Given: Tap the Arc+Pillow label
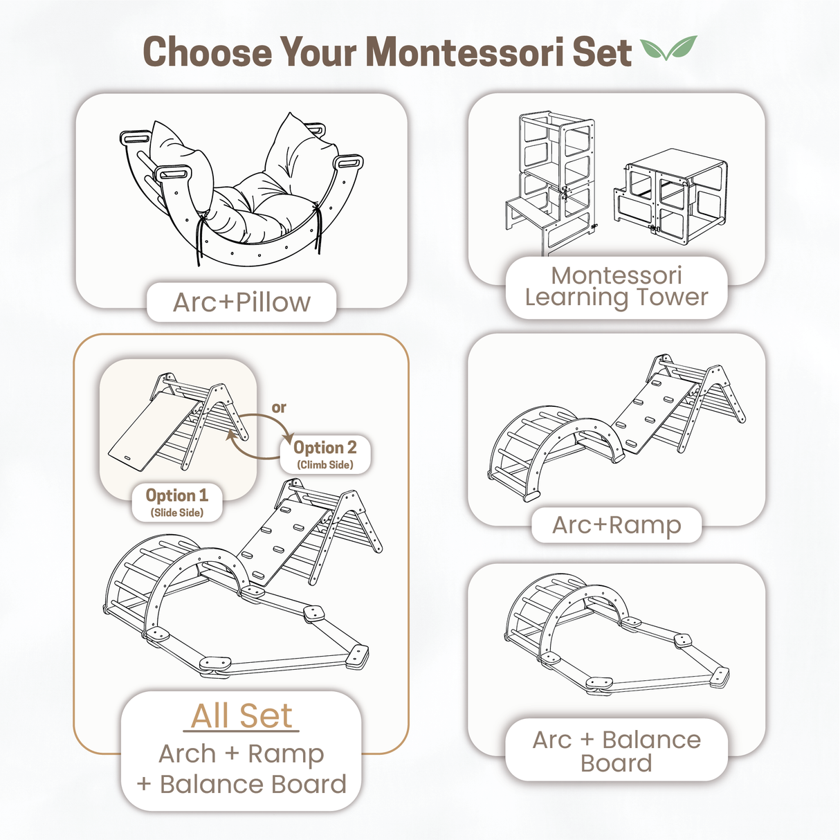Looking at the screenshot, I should click(x=241, y=302).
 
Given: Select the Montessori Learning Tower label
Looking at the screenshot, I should click(x=616, y=286).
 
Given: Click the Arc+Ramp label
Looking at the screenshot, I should click(x=616, y=525).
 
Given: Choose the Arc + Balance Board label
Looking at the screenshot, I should click(x=616, y=751).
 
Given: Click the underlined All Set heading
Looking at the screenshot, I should click(x=241, y=715).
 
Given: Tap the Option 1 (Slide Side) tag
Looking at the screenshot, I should click(x=177, y=502).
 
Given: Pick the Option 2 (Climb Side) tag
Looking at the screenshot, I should click(x=325, y=454).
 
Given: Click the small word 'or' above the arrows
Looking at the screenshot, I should click(x=279, y=408).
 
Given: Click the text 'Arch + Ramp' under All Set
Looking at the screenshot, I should click(x=241, y=754).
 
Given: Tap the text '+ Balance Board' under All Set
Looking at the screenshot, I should click(x=241, y=785).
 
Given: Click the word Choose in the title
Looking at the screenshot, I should click(x=207, y=53).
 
